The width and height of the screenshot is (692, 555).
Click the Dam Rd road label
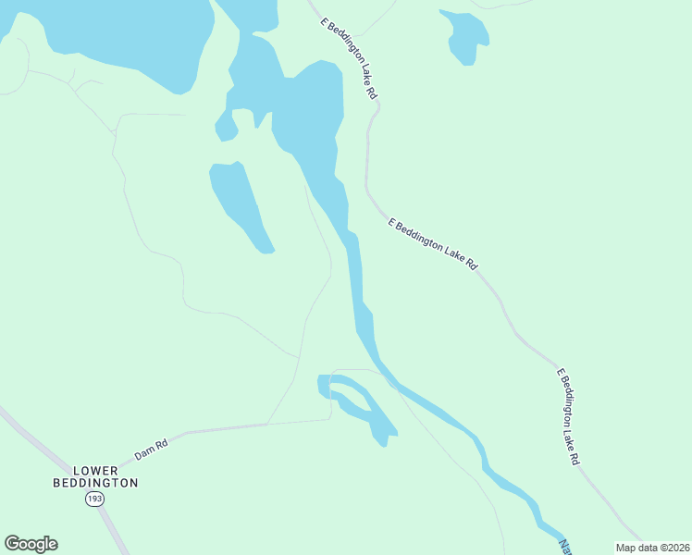[x=151, y=450]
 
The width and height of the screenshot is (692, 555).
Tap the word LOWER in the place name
[x=96, y=471]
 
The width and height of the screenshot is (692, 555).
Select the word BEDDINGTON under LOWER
[x=96, y=483]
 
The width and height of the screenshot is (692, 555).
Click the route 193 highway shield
[x=94, y=499]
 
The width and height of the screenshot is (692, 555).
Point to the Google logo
[x=31, y=544]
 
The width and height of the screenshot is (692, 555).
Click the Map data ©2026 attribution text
[x=651, y=548]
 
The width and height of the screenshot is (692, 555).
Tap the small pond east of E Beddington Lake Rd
[x=466, y=37]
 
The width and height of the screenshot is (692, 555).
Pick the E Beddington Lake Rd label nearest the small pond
[x=349, y=57]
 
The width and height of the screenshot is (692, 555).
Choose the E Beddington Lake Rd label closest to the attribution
[x=568, y=416]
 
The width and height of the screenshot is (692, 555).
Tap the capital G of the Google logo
[x=13, y=544]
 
